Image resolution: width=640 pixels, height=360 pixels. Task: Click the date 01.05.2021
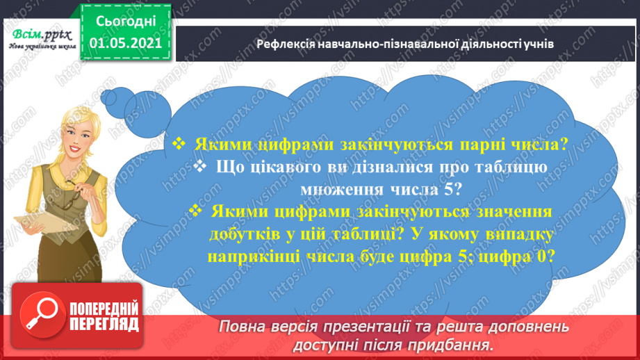(126, 42)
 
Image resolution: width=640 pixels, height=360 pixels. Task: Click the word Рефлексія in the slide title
(286, 44)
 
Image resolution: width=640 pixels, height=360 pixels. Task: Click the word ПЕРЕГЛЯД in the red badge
(105, 325)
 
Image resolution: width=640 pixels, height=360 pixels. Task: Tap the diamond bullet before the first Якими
(179, 145)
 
